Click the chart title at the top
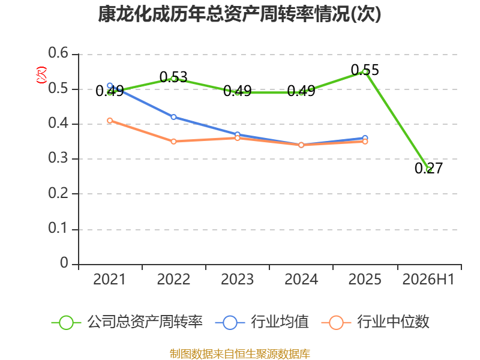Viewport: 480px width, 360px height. pos(239,14)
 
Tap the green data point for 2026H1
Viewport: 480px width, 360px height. pos(429,169)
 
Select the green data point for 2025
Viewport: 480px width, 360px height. pos(365,71)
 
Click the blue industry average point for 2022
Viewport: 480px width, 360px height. pos(173,117)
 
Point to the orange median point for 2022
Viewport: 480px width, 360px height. pos(173,142)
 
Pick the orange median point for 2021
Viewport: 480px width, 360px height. pos(110,121)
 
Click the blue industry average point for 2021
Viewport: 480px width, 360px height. pos(110,85)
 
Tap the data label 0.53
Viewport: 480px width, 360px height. pos(173,77)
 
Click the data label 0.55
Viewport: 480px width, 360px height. pos(365,70)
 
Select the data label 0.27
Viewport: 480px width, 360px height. pos(428,168)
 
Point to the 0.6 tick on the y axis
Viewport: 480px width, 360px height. pos(58,53)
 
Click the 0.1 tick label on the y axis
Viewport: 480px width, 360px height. pos(58,228)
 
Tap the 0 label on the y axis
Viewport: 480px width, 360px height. pos(64,263)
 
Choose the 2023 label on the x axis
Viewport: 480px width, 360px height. pos(237,280)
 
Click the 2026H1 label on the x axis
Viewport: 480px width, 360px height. pos(428,280)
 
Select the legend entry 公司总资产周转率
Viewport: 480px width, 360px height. pos(127,322)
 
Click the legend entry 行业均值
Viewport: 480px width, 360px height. pos(262,322)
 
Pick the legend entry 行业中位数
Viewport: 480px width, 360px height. pos(376,322)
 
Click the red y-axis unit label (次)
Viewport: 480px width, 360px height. pos(41,75)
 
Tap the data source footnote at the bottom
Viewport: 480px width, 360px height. pos(240,354)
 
